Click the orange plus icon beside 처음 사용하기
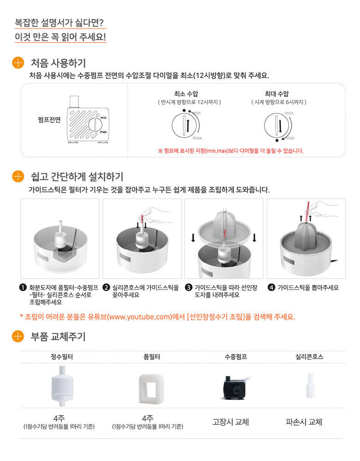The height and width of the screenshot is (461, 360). (18, 63)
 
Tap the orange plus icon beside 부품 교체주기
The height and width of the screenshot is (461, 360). (18, 336)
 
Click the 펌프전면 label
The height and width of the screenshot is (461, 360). (49, 120)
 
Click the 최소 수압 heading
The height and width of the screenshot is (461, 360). (186, 94)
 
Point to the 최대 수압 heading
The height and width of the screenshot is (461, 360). (276, 94)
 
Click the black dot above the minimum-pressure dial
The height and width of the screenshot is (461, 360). (184, 110)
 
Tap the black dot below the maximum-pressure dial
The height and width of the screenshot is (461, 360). (277, 140)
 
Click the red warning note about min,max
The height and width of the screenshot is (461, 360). (231, 151)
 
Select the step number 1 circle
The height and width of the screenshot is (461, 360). (23, 287)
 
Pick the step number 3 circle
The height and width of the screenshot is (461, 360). (188, 287)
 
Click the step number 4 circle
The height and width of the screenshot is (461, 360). (271, 287)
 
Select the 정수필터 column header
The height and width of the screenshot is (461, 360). (62, 357)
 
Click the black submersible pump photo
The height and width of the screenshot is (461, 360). (235, 387)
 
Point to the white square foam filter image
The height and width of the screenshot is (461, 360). (151, 388)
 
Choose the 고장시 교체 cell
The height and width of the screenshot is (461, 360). (231, 422)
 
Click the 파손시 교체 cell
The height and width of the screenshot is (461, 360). (304, 422)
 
